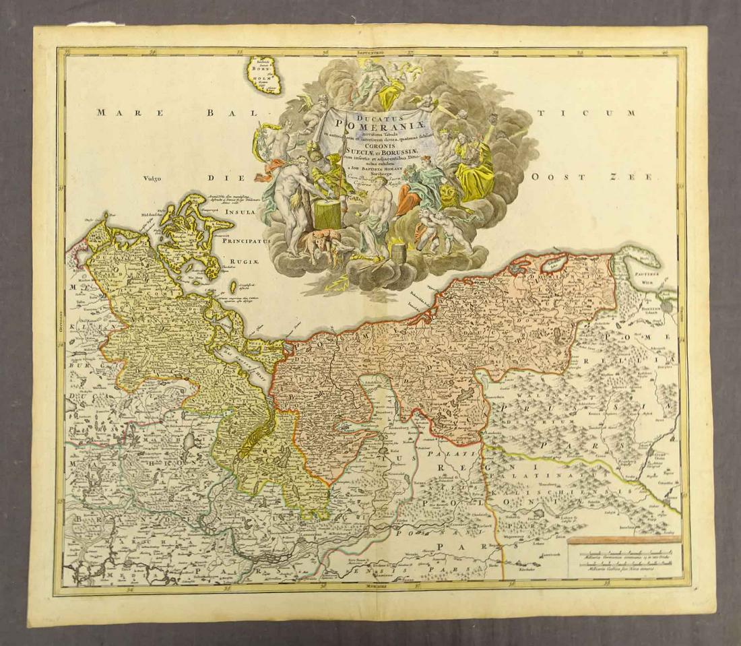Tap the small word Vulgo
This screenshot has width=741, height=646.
tap(155, 179)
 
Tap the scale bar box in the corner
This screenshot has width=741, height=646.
tap(623, 558)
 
